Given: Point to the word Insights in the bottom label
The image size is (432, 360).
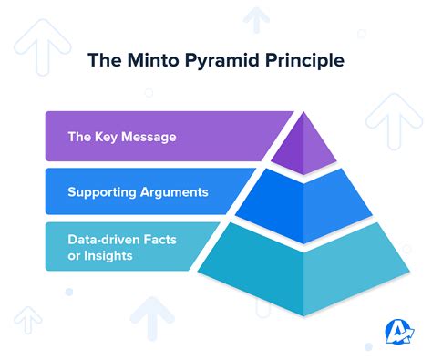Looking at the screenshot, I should tap(108, 256).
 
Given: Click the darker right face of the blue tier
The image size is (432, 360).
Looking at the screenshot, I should tap(342, 205).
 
